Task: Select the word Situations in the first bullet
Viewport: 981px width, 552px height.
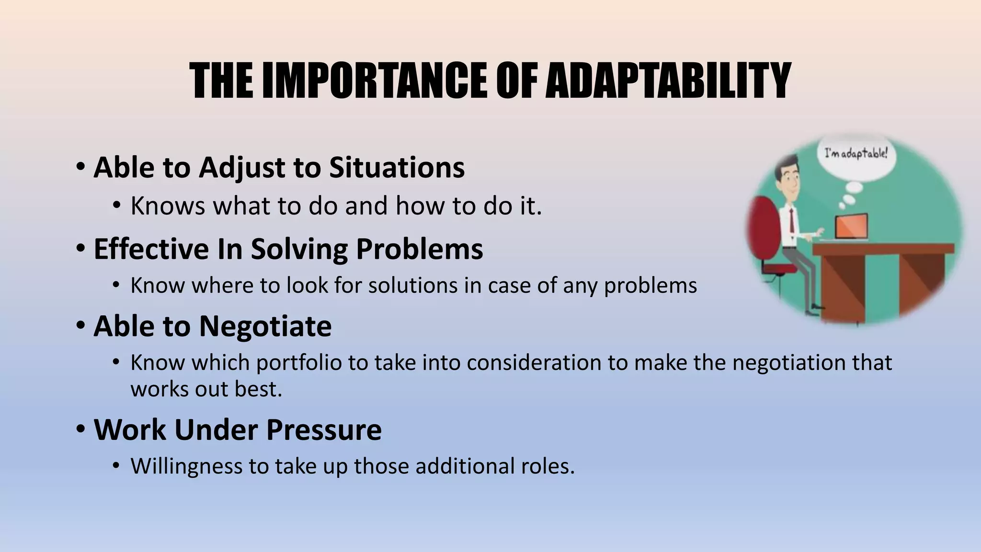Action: (397, 168)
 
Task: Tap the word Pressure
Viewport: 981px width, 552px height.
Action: (324, 429)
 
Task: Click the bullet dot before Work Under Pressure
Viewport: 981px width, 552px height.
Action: (80, 428)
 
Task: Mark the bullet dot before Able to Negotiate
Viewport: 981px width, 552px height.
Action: (80, 324)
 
